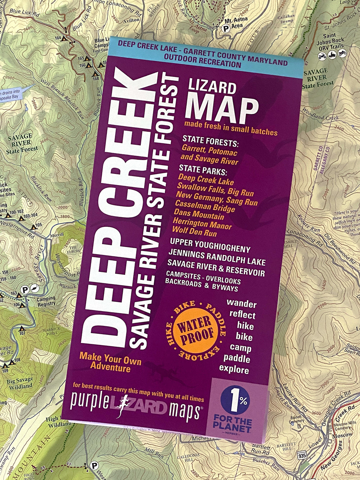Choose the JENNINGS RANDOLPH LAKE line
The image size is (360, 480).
tap(217, 257)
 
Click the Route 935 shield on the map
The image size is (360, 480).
tap(302, 456)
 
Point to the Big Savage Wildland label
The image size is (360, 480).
tap(20, 383)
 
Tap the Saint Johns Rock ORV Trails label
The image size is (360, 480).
tap(330, 42)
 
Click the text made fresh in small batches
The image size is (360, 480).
tap(231, 129)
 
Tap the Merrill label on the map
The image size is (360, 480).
tap(57, 234)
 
